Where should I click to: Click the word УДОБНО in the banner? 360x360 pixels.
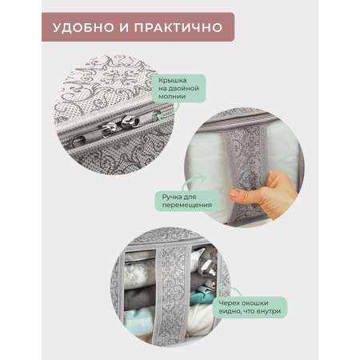click(x=83, y=28)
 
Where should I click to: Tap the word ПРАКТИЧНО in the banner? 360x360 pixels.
click(x=178, y=28)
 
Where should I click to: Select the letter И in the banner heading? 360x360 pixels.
click(x=124, y=28)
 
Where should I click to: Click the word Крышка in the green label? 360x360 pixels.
click(x=172, y=80)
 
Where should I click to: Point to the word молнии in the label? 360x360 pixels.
click(x=172, y=97)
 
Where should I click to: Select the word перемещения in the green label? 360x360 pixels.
click(x=186, y=206)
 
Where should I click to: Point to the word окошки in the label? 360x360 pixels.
click(x=256, y=303)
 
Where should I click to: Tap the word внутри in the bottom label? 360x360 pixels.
click(x=268, y=311)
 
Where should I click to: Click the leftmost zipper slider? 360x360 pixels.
click(x=79, y=139)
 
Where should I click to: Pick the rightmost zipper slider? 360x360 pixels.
click(x=130, y=122)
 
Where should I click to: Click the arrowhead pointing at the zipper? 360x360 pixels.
click(x=158, y=117)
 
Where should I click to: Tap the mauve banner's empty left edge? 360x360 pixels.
click(x=46, y=27)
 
